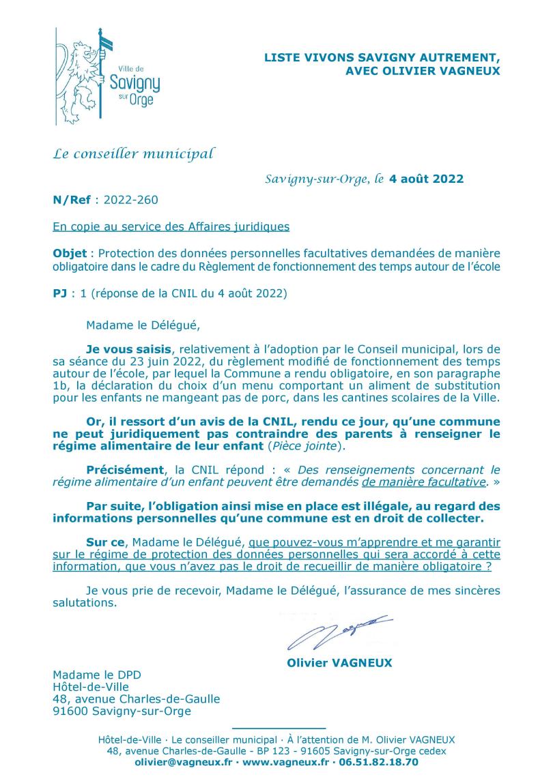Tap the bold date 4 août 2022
426,179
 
